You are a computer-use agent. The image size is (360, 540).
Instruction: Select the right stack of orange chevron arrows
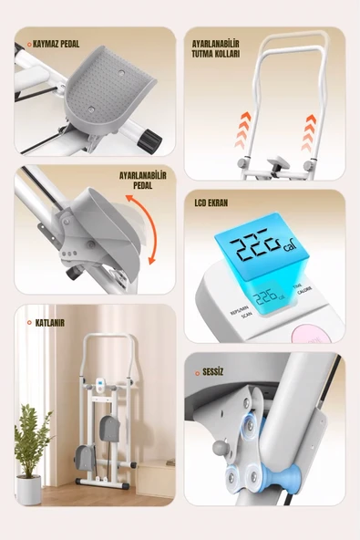click(x=309, y=130)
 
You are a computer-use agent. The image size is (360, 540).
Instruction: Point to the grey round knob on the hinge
click(x=220, y=452)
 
